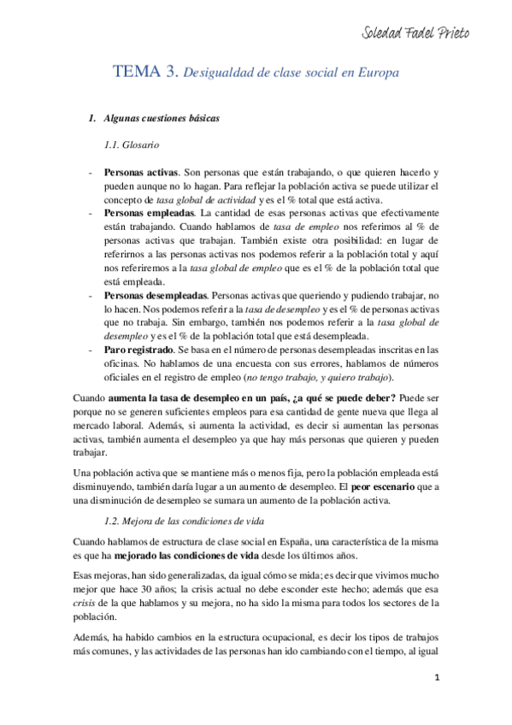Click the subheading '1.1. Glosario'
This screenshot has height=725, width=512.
pyautogui.click(x=130, y=146)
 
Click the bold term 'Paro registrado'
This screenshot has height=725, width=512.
pyautogui.click(x=141, y=350)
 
